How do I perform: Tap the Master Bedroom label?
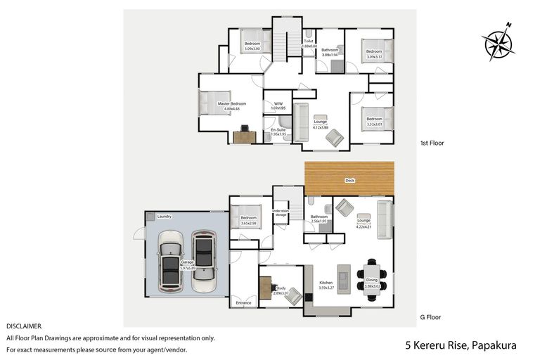(x=231, y=103)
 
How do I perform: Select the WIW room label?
(x=278, y=103)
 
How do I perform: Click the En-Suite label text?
(x=278, y=130)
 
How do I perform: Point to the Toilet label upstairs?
(x=309, y=41)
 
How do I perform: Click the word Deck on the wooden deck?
(x=349, y=181)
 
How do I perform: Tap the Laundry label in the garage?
(x=165, y=217)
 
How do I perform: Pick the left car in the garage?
(x=170, y=262)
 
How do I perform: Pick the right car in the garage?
(x=203, y=262)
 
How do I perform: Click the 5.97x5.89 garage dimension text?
(x=188, y=268)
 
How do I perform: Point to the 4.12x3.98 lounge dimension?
(x=321, y=127)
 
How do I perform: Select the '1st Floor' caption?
(x=432, y=143)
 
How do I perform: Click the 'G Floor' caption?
(x=430, y=318)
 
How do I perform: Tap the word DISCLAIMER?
(x=24, y=326)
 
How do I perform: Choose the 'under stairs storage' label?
(x=281, y=213)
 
